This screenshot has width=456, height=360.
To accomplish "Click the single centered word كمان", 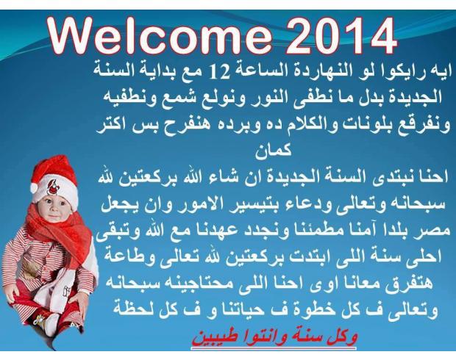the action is pyautogui.click(x=274, y=150).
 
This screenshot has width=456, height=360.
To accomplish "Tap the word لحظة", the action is pyautogui.click(x=130, y=309).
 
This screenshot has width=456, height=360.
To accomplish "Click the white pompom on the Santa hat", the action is pyautogui.click(x=34, y=188).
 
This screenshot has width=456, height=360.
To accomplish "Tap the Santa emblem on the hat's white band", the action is pyautogui.click(x=53, y=187).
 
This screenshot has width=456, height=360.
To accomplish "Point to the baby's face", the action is pyautogui.click(x=54, y=207).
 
